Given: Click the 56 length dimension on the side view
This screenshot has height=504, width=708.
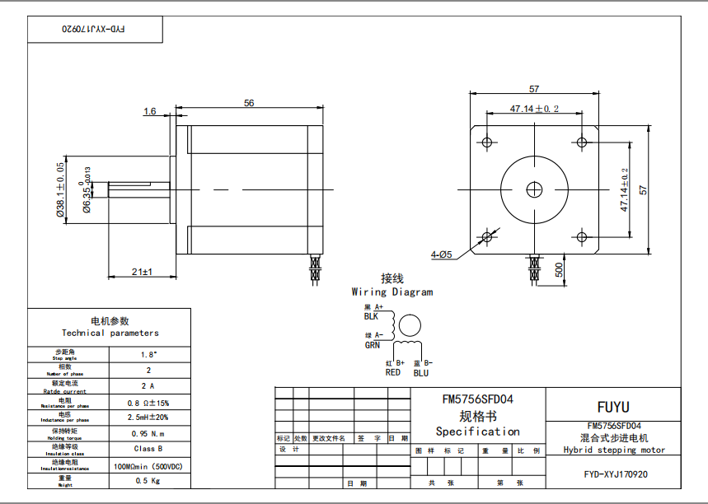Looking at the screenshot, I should pos(248,102).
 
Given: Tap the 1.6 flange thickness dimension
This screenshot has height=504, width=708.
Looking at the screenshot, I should pos(150,111).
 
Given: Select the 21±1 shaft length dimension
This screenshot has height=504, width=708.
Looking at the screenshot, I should pos(143,272).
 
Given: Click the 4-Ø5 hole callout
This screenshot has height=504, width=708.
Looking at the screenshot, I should pos(441,254).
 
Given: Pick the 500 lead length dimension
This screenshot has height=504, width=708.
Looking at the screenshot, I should pos(559,269).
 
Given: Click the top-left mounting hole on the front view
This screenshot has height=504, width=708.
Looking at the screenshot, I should pos(487,142).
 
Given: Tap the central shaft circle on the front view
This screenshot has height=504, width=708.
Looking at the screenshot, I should pos(535,189).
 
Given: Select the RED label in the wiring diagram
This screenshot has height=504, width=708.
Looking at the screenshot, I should pos(393,372).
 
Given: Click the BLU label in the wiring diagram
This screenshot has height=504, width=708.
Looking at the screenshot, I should pos(420,372).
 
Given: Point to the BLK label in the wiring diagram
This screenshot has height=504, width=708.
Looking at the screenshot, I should pos(371,315).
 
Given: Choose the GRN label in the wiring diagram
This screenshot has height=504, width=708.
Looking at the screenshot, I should pos(373,345).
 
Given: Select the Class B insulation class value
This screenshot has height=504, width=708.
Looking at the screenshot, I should pos(148,449).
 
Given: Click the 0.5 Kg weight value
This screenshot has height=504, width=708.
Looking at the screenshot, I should pos(148,479).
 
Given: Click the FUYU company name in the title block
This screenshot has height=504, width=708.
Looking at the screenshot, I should pos(612,407).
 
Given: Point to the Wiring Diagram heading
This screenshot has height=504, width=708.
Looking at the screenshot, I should pos(392,292).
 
